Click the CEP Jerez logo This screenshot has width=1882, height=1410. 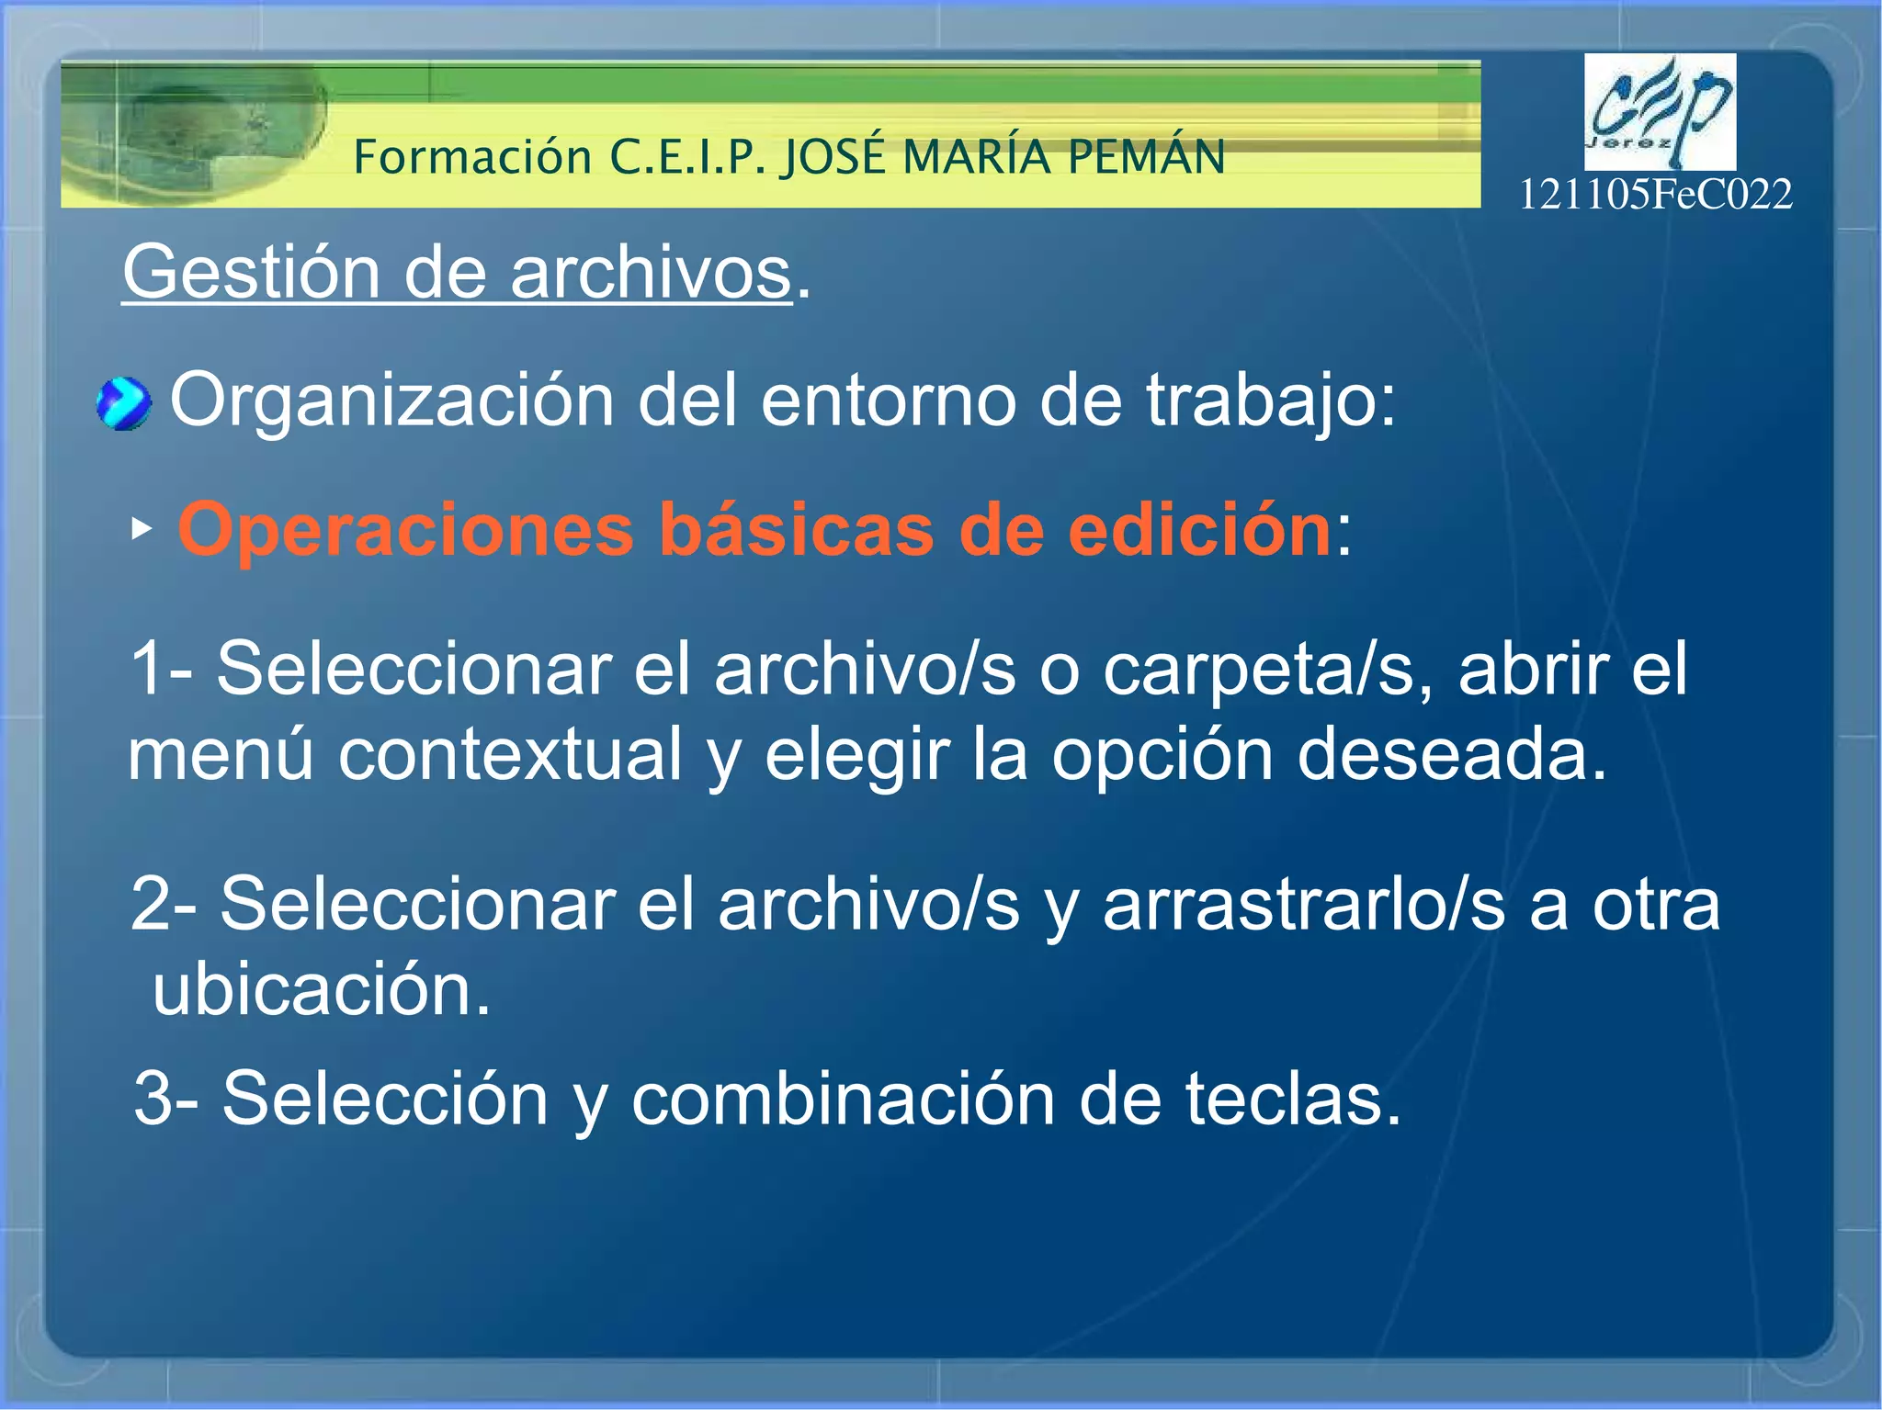pyautogui.click(x=1660, y=111)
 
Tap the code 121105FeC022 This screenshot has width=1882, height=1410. pyautogui.click(x=1655, y=195)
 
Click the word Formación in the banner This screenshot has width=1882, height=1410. pyautogui.click(x=472, y=157)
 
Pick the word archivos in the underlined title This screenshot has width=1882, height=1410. pyautogui.click(x=651, y=273)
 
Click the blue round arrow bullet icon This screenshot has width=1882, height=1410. pyautogui.click(x=123, y=404)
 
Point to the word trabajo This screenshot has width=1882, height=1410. pyautogui.click(x=1270, y=400)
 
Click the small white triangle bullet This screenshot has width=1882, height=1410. pyautogui.click(x=140, y=528)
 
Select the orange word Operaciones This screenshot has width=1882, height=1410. pyautogui.click(x=405, y=530)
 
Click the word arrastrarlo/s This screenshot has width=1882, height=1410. pyautogui.click(x=1303, y=905)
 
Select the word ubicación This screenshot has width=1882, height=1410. pyautogui.click(x=322, y=990)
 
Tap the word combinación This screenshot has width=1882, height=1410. pyautogui.click(x=843, y=1099)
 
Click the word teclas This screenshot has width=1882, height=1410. pyautogui.click(x=1291, y=1099)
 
